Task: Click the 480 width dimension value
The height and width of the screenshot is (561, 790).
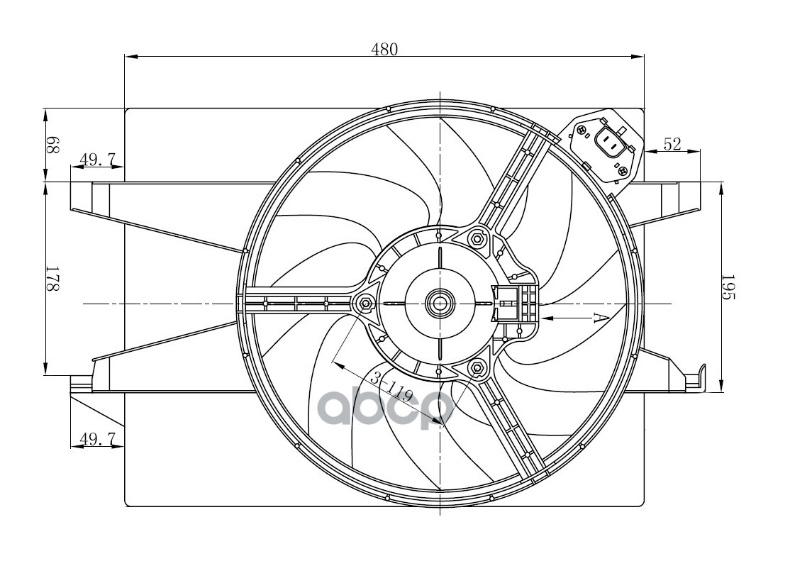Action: pos(384,49)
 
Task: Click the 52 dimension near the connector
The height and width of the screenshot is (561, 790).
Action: pos(672,144)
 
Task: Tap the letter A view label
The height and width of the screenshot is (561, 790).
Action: pos(597,318)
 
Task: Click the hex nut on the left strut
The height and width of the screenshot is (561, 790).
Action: pos(365,304)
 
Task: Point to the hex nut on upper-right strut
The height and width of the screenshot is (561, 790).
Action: pos(477,240)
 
